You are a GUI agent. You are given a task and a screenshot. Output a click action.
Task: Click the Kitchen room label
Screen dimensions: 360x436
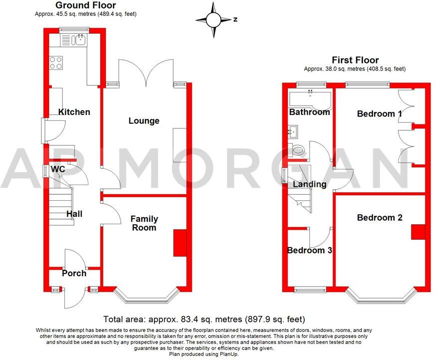click(74, 112)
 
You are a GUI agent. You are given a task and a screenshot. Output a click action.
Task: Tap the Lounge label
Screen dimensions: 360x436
click(144, 121)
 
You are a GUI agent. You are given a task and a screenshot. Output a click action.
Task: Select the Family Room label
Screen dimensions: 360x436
click(144, 223)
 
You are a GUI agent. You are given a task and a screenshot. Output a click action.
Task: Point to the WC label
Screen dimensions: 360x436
click(58, 170)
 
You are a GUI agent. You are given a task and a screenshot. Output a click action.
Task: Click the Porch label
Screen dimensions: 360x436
click(74, 273)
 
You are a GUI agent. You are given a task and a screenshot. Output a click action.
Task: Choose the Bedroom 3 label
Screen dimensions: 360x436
click(310, 250)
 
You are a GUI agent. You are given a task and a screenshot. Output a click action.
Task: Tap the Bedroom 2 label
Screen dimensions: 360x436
click(380, 218)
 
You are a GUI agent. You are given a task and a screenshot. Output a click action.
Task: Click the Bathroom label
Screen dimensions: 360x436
click(310, 112)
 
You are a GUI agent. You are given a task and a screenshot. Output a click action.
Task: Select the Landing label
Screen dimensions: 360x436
click(310, 184)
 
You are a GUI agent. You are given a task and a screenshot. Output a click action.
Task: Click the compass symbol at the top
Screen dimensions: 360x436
click(214, 20)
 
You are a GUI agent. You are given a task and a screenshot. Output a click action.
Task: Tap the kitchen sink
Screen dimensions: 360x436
click(78, 39)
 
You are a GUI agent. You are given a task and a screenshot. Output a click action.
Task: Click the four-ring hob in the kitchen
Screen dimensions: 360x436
click(56, 63)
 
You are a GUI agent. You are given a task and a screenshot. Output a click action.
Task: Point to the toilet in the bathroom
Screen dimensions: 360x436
click(298, 149)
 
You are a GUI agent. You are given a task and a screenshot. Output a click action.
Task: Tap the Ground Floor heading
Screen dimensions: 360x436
click(85, 5)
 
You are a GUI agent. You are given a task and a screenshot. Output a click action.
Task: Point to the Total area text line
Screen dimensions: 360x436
click(204, 319)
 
